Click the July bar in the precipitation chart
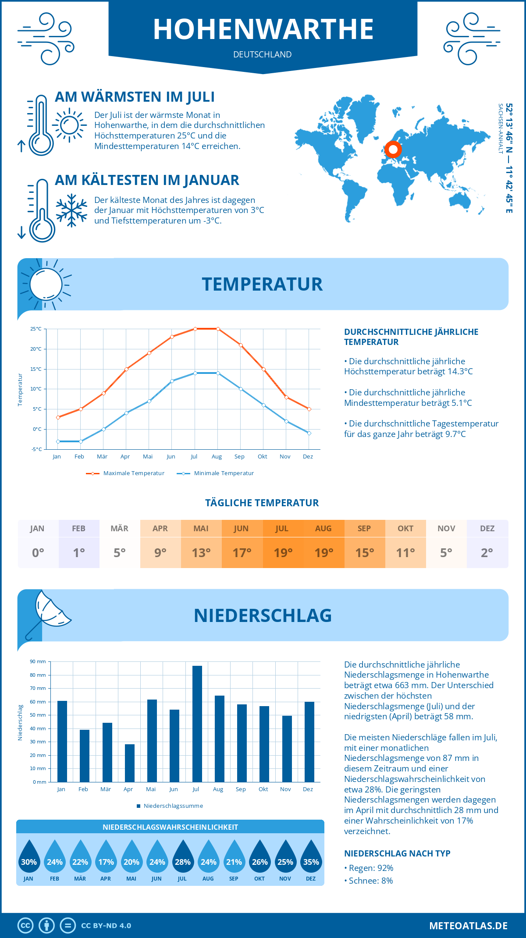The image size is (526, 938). (197, 724)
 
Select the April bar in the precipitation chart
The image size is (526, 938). (130, 763)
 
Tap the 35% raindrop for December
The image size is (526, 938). (311, 856)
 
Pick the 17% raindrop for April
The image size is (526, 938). (106, 856)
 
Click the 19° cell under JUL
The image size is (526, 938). (283, 553)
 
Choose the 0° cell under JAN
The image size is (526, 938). (38, 553)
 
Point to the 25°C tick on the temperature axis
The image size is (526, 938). (36, 329)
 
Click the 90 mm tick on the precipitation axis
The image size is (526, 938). (38, 661)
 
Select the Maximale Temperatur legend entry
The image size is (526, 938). (125, 473)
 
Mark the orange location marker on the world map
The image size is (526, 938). (393, 149)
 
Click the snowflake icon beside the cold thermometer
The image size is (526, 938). (71, 210)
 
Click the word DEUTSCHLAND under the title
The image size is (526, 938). (263, 54)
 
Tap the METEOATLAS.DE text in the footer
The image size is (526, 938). (468, 926)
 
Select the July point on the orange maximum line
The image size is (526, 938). (195, 329)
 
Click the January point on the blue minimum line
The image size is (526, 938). (58, 441)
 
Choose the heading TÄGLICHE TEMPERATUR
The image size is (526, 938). (262, 503)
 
